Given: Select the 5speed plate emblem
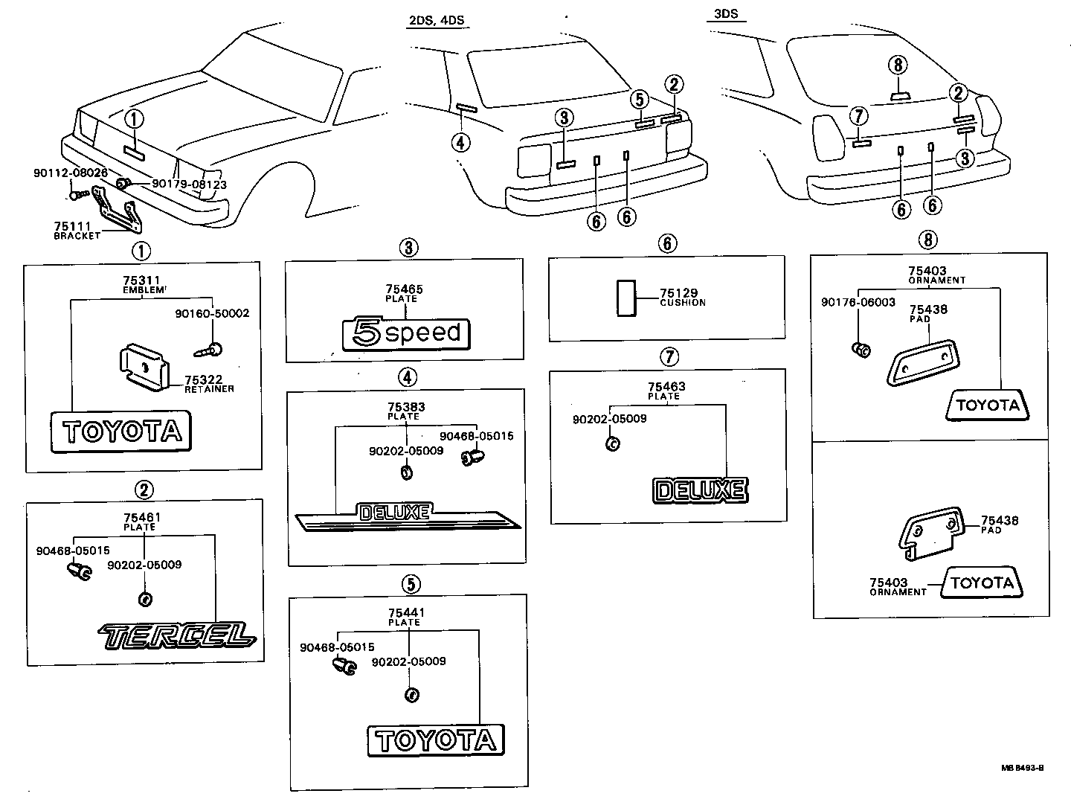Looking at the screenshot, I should tap(406, 333).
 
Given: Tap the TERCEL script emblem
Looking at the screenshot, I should tap(177, 634).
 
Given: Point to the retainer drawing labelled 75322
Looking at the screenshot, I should tap(146, 366).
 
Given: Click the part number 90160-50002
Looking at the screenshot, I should tap(212, 313).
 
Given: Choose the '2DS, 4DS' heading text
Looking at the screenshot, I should tap(436, 20).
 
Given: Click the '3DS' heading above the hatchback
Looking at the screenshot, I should tap(726, 14).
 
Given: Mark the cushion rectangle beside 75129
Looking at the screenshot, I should tap(625, 298).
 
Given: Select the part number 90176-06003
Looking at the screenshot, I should tap(858, 303).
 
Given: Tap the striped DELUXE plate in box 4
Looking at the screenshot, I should tap(408, 518).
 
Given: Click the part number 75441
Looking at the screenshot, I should tap(407, 613).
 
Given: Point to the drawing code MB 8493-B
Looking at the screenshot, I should tap(1022, 768).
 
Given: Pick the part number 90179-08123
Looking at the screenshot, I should tap(189, 185).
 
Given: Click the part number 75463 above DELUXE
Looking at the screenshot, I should tap(666, 387).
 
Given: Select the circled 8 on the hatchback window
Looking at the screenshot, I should tap(898, 65).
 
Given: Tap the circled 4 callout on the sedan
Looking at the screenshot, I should tap(461, 141).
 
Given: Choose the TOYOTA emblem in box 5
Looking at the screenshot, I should tap(436, 740).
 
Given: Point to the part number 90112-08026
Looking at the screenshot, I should tap(71, 173).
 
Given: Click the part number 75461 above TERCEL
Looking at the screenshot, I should tap(141, 517).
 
